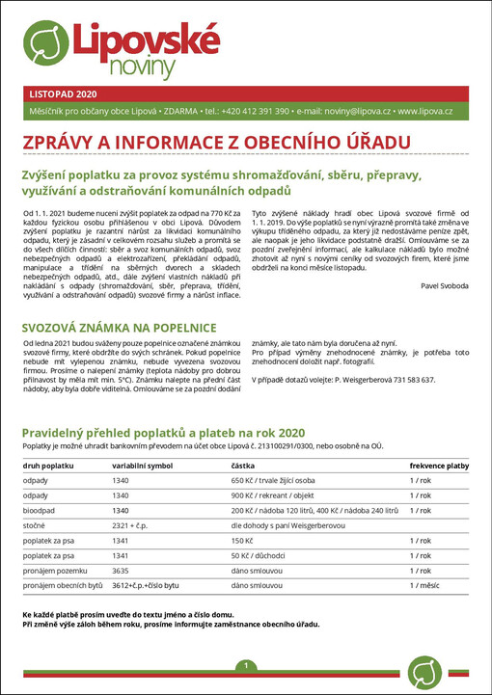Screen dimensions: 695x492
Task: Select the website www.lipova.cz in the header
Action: coord(425,112)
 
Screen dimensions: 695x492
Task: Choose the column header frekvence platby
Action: coord(439,465)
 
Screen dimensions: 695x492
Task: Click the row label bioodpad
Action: coord(39,510)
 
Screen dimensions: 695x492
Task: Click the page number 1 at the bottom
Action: coord(246,666)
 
